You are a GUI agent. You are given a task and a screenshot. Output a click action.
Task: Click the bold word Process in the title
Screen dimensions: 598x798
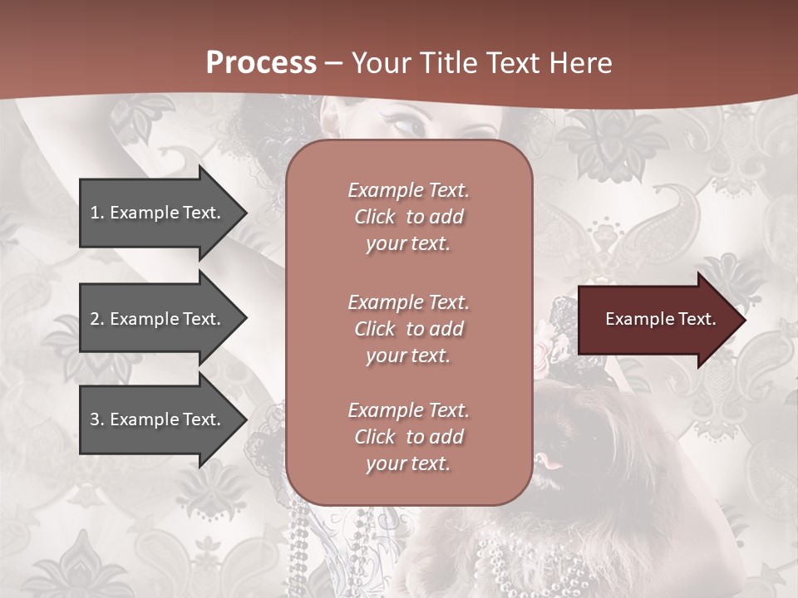point(261,62)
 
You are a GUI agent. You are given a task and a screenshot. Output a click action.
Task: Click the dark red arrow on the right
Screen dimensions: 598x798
point(657,319)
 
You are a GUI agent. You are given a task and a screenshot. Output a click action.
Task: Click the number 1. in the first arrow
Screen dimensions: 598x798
point(96,213)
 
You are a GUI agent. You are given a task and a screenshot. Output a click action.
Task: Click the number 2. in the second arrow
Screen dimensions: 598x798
point(96,319)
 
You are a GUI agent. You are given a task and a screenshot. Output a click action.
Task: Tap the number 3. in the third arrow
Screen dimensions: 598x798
point(96,420)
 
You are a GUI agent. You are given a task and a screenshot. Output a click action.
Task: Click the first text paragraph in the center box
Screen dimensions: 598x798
point(408,217)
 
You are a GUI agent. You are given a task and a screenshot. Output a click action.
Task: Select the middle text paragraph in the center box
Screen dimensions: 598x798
point(408,328)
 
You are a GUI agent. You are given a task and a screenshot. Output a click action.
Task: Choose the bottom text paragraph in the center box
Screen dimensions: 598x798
point(408,437)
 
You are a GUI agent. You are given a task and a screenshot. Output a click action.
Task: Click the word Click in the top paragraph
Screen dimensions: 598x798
point(374,217)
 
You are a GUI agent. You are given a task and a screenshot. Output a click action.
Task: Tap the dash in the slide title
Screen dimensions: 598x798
point(333,63)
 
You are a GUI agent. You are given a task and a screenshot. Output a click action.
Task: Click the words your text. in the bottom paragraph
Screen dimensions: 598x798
point(408,463)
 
